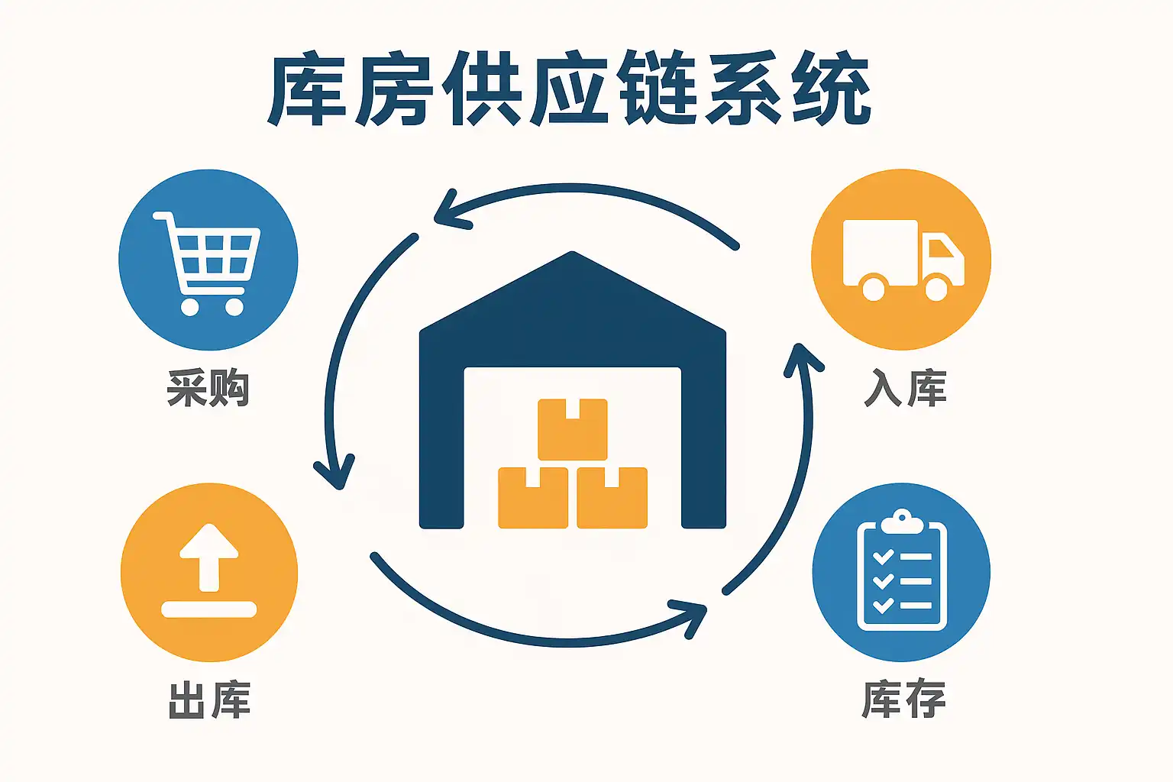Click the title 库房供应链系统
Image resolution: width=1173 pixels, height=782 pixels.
tap(570, 89)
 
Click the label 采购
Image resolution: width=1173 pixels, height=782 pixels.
tap(208, 388)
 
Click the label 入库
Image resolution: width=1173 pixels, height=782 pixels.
tap(906, 388)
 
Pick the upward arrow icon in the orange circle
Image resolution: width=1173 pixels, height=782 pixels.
tap(208, 557)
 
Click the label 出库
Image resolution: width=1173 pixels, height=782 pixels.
tap(209, 700)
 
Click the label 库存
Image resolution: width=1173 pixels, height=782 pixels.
tap(903, 698)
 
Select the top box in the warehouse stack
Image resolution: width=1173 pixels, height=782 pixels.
tap(573, 429)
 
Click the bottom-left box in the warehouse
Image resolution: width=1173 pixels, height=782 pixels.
tap(533, 497)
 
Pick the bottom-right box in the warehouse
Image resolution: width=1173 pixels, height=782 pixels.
tap(612, 497)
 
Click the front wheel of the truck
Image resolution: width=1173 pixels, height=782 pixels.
tap(936, 289)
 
